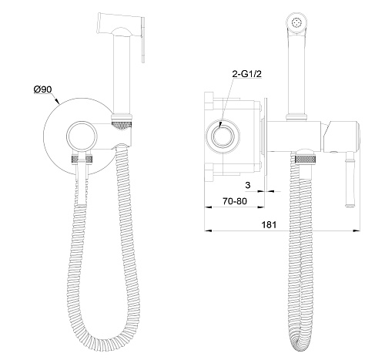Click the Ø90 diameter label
(x=42, y=89)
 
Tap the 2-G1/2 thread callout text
(x=246, y=74)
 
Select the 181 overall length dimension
(x=269, y=224)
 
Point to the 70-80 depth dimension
(x=235, y=201)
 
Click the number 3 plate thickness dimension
(x=248, y=185)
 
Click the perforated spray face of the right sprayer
(x=296, y=22)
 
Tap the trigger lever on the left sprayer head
(x=143, y=40)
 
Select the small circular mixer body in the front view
(x=82, y=136)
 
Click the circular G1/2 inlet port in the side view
(x=223, y=136)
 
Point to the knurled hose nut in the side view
(x=305, y=159)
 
